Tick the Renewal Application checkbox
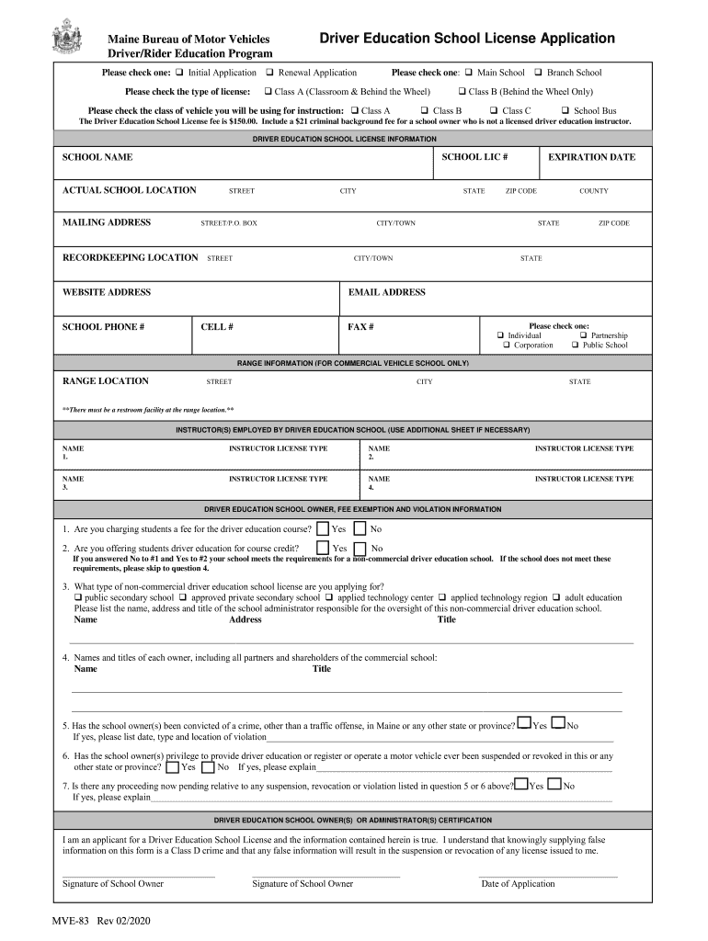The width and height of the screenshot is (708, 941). (x=270, y=73)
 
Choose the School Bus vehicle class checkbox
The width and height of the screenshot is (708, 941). (x=565, y=110)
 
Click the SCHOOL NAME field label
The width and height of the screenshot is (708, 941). (x=97, y=157)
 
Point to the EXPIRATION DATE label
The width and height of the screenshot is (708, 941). (x=591, y=157)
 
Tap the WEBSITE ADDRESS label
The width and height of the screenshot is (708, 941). (x=106, y=292)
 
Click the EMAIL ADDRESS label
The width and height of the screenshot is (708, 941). (x=386, y=292)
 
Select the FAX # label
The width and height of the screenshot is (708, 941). (x=360, y=326)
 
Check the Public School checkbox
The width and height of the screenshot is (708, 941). (x=575, y=346)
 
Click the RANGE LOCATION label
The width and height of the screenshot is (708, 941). (x=105, y=380)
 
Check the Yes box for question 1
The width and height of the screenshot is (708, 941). (x=323, y=528)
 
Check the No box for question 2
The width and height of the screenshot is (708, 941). (x=361, y=548)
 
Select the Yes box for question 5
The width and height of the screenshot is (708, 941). (x=523, y=725)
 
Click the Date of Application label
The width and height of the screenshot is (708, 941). (x=518, y=884)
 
